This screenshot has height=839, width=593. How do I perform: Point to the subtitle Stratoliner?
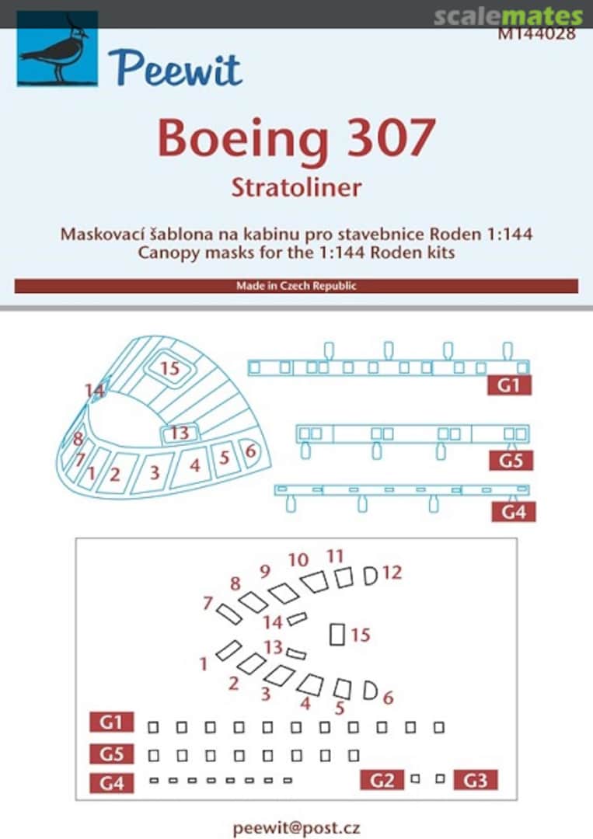tap(296, 187)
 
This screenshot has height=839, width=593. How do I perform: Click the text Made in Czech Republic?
tap(296, 286)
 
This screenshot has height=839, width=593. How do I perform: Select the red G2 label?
tap(382, 779)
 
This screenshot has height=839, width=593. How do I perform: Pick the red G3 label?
tap(475, 779)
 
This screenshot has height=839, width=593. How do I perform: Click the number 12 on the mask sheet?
tap(392, 573)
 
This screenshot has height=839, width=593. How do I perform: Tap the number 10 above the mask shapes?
tap(298, 560)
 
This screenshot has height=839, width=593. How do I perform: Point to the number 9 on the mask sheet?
tap(265, 571)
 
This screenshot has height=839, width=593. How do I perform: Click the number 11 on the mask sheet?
tap(335, 555)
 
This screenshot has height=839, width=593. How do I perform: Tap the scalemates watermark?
tap(508, 16)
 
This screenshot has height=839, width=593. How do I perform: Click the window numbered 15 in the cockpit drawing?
tap(170, 368)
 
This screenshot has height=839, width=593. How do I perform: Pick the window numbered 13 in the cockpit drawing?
tap(180, 433)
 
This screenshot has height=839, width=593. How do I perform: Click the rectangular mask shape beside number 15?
tap(337, 634)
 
